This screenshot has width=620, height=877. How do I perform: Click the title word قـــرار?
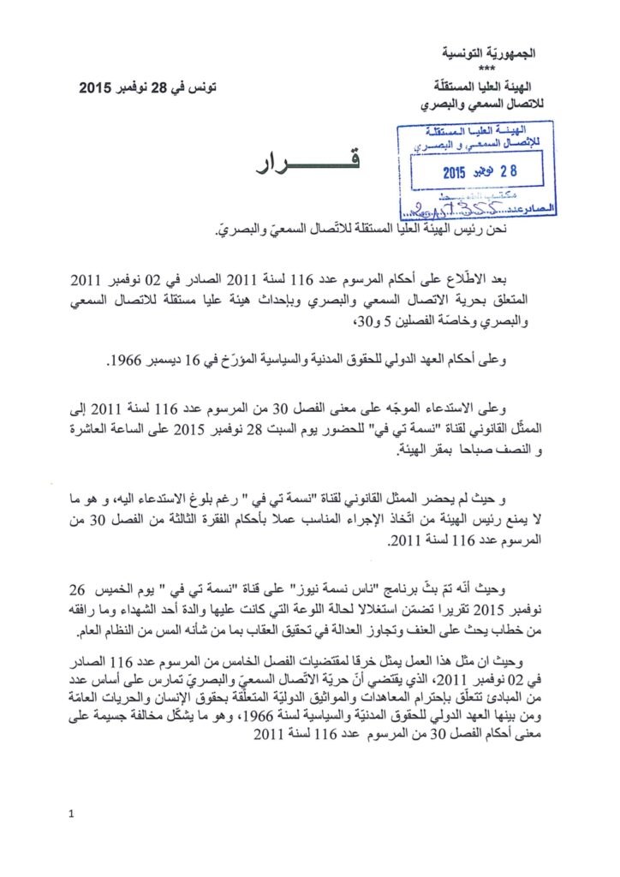tap(303, 164)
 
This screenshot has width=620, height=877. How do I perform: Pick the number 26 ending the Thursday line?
tap(76, 590)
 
